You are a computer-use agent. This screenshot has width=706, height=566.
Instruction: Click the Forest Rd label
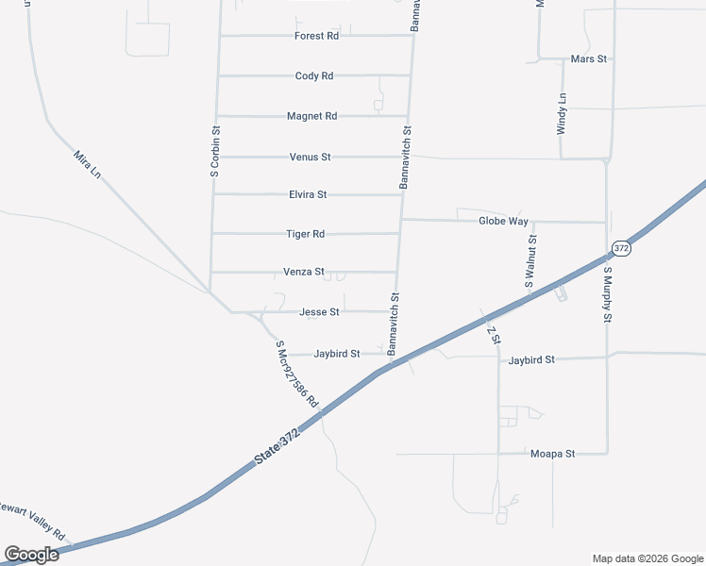pyautogui.click(x=316, y=36)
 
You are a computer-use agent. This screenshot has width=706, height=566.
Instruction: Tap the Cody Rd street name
pyautogui.click(x=314, y=75)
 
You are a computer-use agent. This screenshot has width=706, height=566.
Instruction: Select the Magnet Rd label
pyautogui.click(x=311, y=116)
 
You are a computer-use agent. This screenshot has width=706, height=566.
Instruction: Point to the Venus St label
pyautogui.click(x=310, y=157)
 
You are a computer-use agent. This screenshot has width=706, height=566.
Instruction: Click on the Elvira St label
pyautogui.click(x=308, y=194)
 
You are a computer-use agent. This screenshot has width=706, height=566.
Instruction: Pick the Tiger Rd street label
pyautogui.click(x=305, y=234)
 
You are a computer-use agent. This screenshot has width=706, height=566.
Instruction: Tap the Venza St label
pyautogui.click(x=303, y=272)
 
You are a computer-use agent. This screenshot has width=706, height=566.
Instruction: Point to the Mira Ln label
pyautogui.click(x=87, y=162)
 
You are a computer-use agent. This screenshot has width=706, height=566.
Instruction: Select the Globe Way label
pyautogui.click(x=503, y=221)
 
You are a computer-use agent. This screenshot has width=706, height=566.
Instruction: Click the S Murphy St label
pyautogui.click(x=608, y=295)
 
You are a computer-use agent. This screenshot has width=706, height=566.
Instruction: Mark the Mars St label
pyautogui.click(x=589, y=58)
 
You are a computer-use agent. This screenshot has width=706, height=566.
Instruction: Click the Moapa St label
pyautogui.click(x=552, y=454)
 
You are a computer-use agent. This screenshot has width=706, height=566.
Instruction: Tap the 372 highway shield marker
pyautogui.click(x=620, y=248)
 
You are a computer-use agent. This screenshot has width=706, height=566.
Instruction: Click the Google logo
pyautogui.click(x=31, y=555)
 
